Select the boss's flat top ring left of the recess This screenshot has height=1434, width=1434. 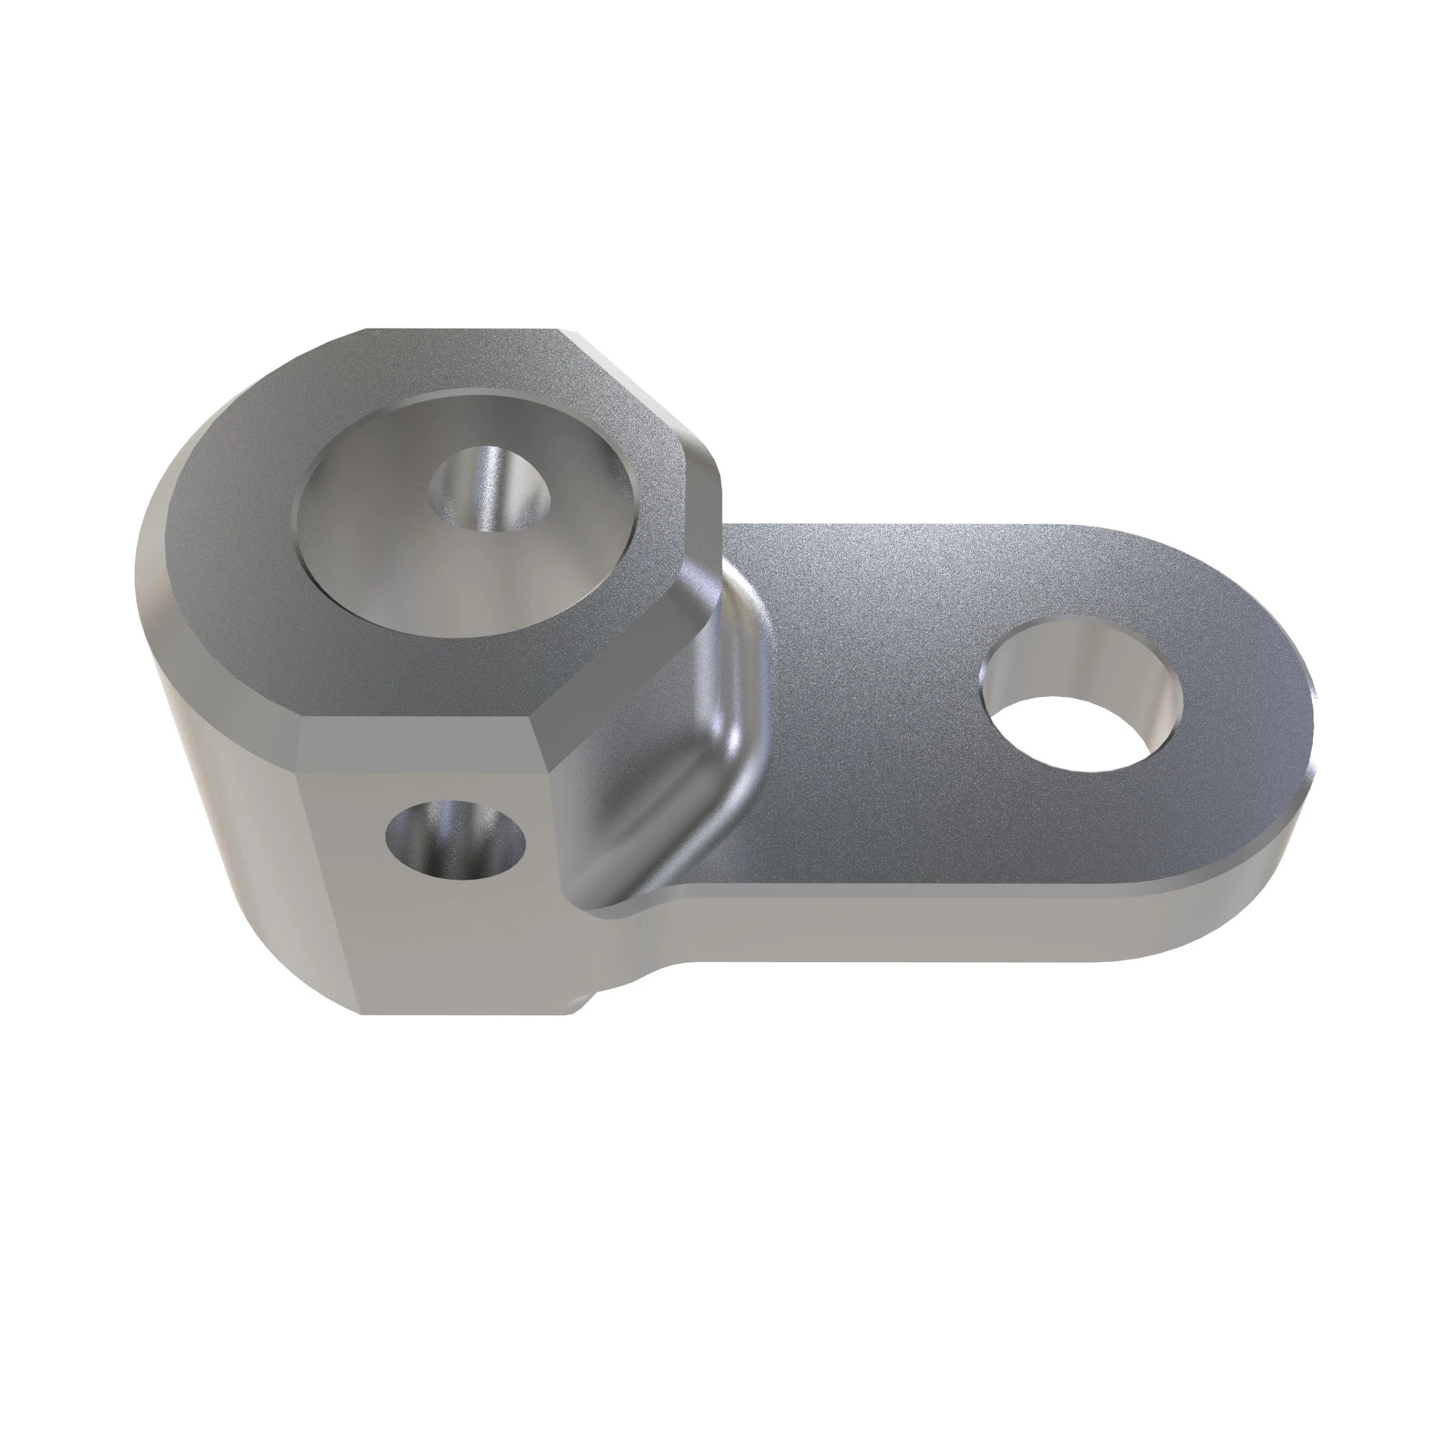click(x=223, y=520)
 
